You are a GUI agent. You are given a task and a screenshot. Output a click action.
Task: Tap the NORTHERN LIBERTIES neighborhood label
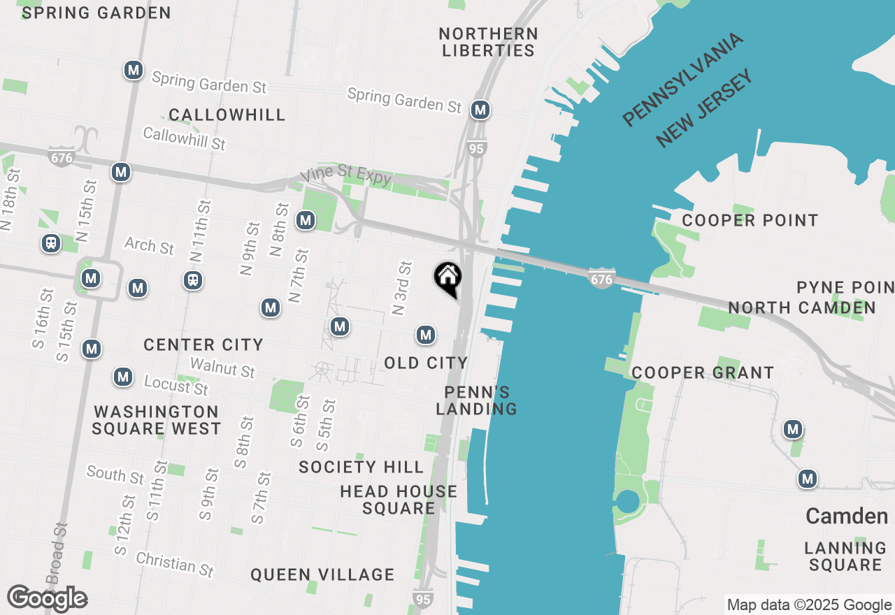(488, 42)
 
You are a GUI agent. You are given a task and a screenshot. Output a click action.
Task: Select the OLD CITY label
(426, 363)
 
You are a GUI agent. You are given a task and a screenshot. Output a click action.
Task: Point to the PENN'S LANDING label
(476, 400)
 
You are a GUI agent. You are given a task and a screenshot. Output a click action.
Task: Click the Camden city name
(846, 516)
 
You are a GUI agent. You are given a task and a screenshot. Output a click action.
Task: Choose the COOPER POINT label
(750, 221)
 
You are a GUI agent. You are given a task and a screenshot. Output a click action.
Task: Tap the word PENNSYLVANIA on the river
(682, 80)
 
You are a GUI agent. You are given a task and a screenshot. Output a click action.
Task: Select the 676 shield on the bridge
(601, 279)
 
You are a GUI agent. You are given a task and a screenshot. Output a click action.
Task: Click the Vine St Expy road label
(345, 176)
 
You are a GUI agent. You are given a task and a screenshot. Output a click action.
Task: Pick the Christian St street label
(175, 563)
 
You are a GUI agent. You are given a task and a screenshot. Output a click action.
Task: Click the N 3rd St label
(401, 288)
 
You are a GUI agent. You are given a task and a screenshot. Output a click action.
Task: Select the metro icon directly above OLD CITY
(426, 335)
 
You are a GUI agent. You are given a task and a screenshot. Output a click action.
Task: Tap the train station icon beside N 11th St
(193, 280)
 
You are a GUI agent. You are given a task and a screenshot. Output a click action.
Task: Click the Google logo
(48, 599)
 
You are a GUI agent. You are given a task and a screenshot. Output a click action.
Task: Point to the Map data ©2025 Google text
(809, 605)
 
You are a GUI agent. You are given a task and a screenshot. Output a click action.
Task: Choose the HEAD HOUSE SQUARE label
(399, 500)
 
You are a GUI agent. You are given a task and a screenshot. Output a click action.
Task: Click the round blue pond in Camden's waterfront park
(628, 501)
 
